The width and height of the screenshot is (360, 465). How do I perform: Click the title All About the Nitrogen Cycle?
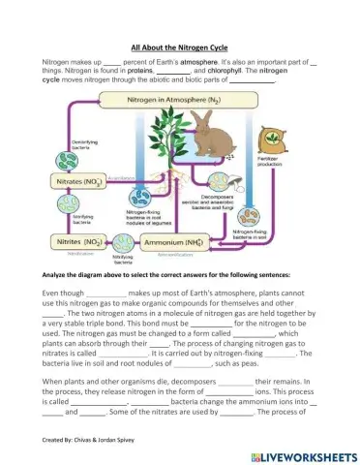tap(179, 46)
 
